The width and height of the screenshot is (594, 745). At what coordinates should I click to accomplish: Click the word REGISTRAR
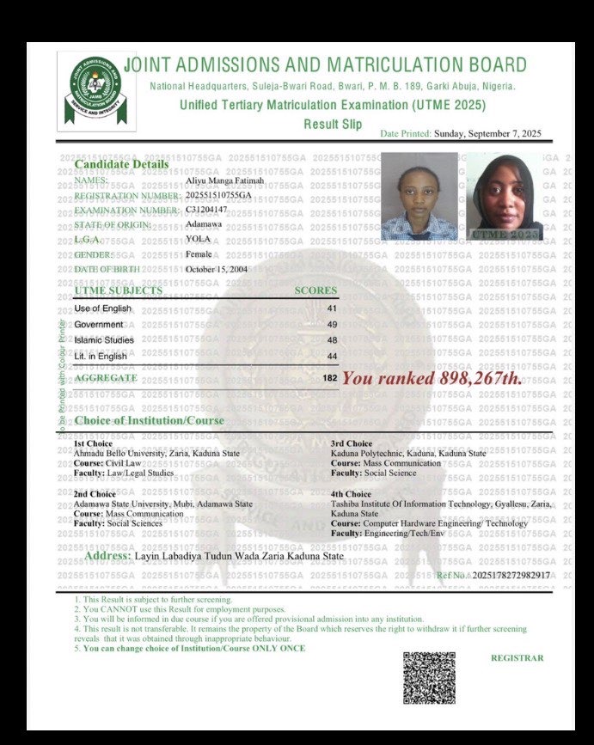pos(517,658)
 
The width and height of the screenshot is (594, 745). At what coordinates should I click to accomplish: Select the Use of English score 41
pos(332,308)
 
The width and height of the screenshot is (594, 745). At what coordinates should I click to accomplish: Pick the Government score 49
pos(332,324)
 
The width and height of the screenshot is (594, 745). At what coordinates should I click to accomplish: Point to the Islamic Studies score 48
pos(332,340)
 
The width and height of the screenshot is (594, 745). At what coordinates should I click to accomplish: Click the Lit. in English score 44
pos(332,356)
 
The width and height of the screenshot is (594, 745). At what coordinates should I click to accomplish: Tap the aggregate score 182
pos(330,378)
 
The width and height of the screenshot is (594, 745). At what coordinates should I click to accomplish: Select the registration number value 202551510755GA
pos(219,196)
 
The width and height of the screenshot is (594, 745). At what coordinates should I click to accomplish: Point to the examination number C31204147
pos(206,210)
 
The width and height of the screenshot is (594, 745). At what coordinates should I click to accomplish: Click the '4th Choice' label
pos(351,494)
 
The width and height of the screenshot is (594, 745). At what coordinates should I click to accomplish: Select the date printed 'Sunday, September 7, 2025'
pos(487,133)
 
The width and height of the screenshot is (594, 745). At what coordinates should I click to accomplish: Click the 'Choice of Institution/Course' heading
pos(149,420)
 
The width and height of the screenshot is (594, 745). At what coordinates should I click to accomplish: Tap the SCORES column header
pos(315,290)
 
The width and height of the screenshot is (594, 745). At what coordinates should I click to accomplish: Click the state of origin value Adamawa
pos(203,224)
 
